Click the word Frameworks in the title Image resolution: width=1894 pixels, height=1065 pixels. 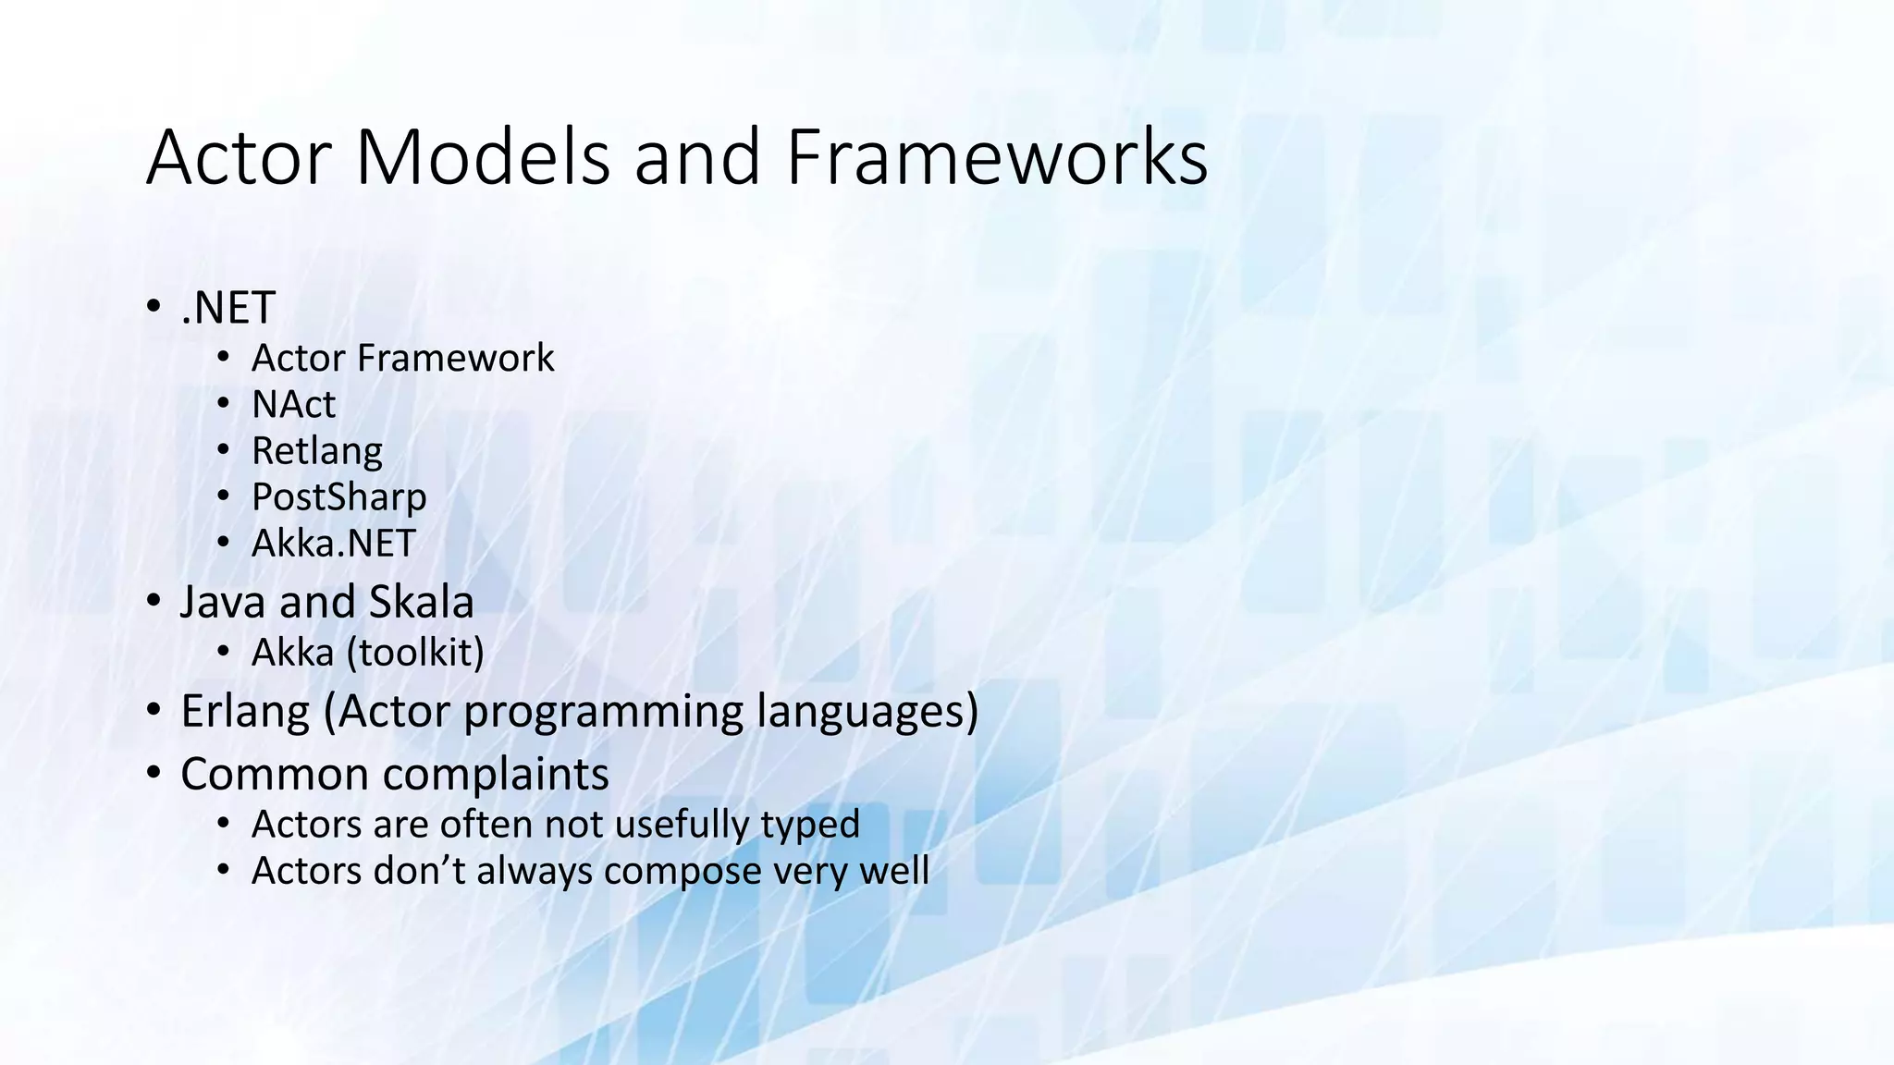coord(996,158)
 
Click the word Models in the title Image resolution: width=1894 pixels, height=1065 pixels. coord(482,158)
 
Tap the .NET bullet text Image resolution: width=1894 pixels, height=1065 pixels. coord(228,309)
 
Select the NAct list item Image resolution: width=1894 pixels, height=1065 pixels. coord(293,405)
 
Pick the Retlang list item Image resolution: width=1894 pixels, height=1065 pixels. coord(316,451)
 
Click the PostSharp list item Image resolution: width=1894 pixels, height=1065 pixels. coord(338,497)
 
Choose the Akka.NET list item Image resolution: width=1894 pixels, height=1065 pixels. coord(334,544)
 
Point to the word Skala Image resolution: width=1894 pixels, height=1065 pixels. coord(421,603)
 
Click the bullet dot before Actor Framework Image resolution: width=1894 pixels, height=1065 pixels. coord(223,358)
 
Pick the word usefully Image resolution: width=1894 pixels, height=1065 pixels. coord(682,825)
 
